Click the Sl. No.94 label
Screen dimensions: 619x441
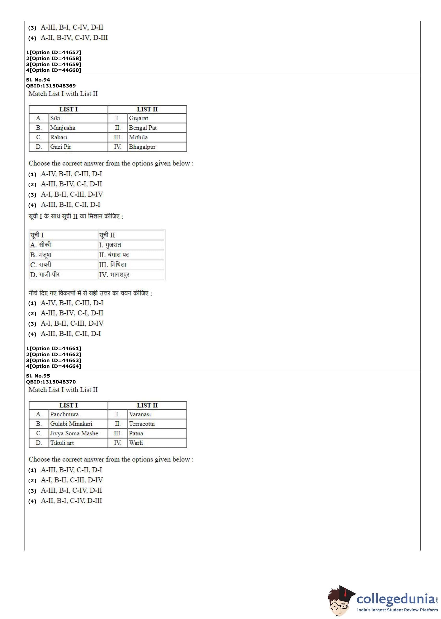(x=38, y=80)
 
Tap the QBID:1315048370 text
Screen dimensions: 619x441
(x=51, y=382)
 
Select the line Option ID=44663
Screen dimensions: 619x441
(x=54, y=360)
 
